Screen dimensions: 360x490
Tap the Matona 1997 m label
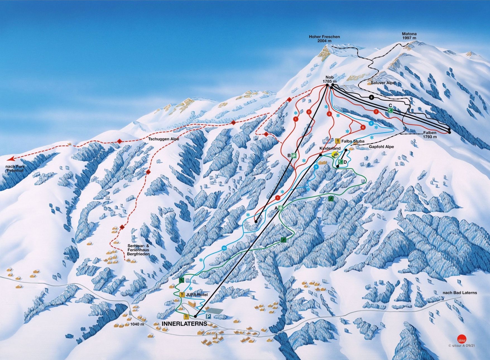point(409,35)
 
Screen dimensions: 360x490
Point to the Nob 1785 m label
point(330,79)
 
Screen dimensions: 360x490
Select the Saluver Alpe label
point(383,83)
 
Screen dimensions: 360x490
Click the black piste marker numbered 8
point(371,97)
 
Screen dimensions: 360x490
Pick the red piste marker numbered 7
point(376,112)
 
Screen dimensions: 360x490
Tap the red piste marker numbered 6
point(363,128)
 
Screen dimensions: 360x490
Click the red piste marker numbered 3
point(329,114)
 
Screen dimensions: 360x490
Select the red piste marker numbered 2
point(309,112)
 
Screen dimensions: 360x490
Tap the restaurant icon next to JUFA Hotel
point(182,294)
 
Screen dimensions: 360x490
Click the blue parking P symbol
point(208,316)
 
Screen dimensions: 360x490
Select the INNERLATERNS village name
point(184,324)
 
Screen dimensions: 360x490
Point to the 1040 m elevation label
point(137,324)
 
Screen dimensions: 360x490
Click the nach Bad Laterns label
point(460,293)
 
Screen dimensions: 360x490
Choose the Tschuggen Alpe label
point(164,139)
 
